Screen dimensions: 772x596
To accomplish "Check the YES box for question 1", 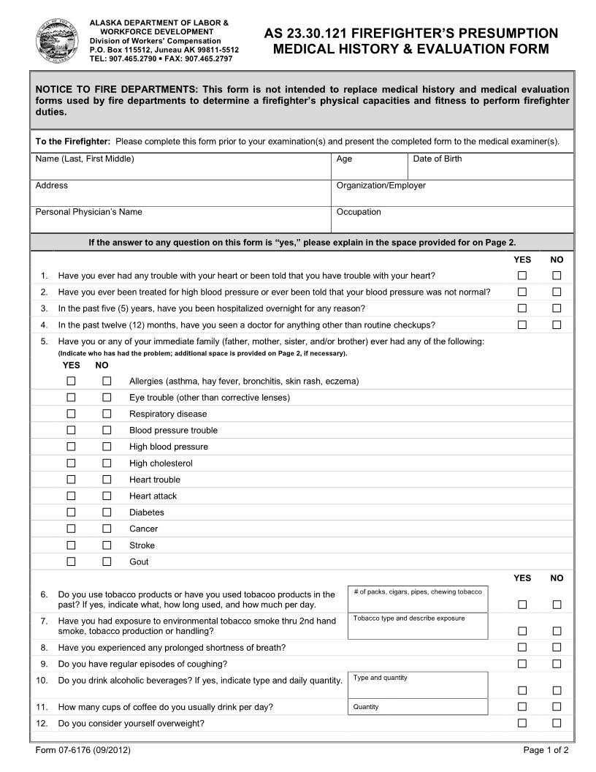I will point(522,276).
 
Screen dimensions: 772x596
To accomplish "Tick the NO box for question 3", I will point(557,309).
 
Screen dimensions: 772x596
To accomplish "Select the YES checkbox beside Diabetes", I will point(72,512).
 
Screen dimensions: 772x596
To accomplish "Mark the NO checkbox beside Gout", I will point(107,561).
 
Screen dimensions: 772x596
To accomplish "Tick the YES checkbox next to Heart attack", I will point(72,496).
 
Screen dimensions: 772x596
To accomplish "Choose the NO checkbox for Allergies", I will point(107,381).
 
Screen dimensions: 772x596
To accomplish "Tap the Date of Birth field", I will point(490,167).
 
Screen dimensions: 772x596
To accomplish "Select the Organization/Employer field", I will point(451,194).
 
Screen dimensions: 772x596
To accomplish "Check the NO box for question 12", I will point(557,723).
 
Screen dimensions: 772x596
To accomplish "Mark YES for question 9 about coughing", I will point(522,664).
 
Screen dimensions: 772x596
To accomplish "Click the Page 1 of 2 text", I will point(546,750).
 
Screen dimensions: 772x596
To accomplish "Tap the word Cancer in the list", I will point(143,529).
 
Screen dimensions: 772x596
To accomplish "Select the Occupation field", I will point(451,220).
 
